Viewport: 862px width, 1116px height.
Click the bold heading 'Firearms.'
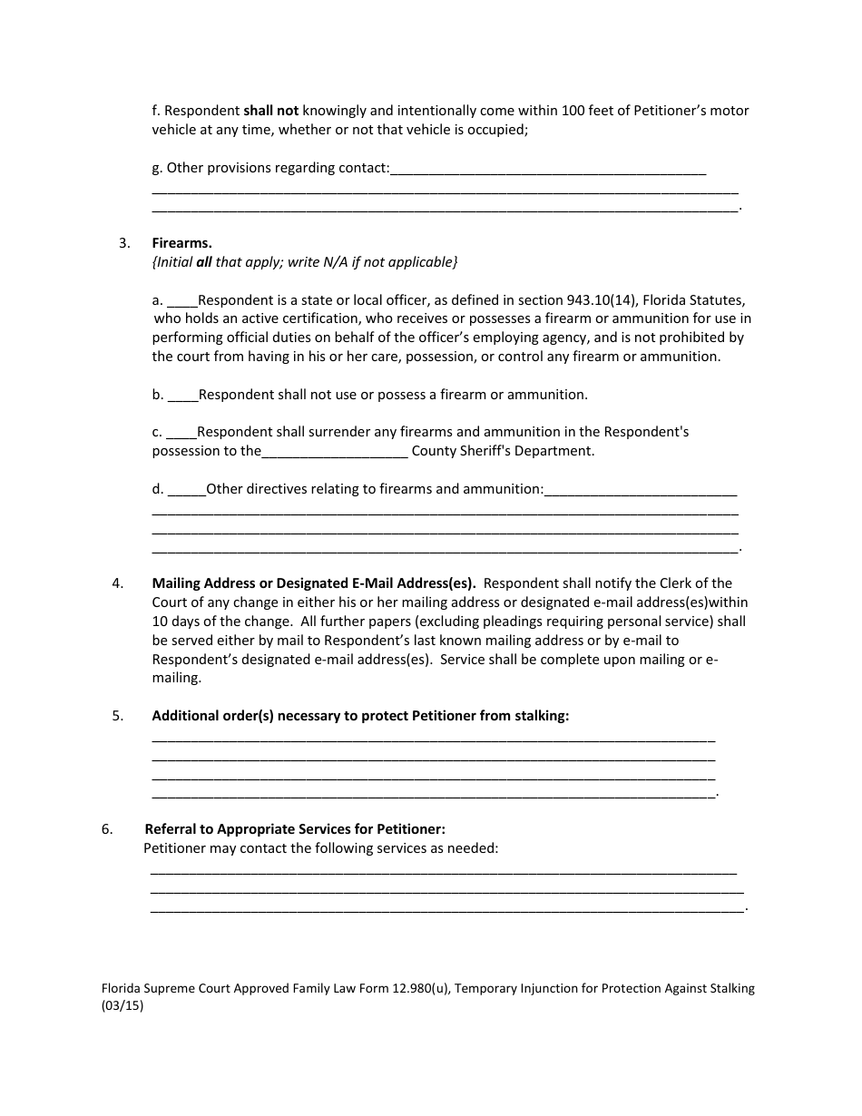tap(181, 242)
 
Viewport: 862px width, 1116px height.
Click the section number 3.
tap(124, 242)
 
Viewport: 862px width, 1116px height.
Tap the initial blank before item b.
tap(183, 395)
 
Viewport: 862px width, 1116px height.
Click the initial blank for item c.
tap(182, 432)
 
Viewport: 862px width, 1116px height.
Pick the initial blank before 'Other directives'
tap(187, 489)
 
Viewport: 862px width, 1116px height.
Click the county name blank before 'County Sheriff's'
tap(335, 451)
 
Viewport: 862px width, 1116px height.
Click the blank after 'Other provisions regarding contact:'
tap(548, 169)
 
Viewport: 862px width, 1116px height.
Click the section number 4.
tap(118, 582)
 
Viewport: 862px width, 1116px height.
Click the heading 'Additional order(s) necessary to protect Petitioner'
tap(360, 715)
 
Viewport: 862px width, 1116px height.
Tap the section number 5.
tap(118, 715)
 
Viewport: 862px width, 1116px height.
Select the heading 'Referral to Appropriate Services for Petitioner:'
tap(295, 828)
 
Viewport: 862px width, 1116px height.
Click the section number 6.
tap(107, 828)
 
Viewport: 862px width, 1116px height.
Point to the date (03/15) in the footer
tap(122, 1005)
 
